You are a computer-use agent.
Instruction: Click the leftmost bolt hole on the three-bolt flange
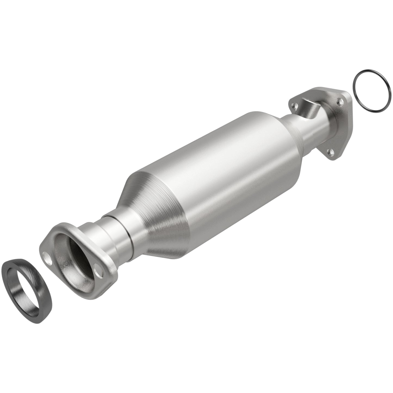pyautogui.click(x=293, y=104)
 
